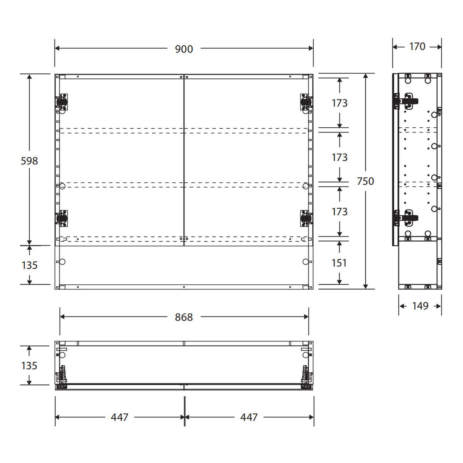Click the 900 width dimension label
(184, 49)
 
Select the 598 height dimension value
(29, 161)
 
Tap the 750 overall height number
(365, 181)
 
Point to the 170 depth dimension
(417, 46)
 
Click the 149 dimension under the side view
(420, 306)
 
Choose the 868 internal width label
(184, 317)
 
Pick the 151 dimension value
(339, 263)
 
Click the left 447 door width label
(120, 417)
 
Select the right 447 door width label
(249, 417)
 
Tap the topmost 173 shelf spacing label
(340, 103)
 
